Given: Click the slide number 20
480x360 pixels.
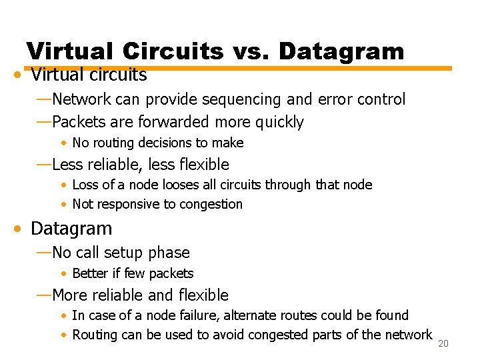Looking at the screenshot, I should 444,343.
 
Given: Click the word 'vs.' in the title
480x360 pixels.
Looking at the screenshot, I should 252,51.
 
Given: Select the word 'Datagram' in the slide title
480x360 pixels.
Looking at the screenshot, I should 341,51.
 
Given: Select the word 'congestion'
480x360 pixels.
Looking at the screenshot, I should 210,204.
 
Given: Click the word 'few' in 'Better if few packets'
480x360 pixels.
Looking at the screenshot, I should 135,273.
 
